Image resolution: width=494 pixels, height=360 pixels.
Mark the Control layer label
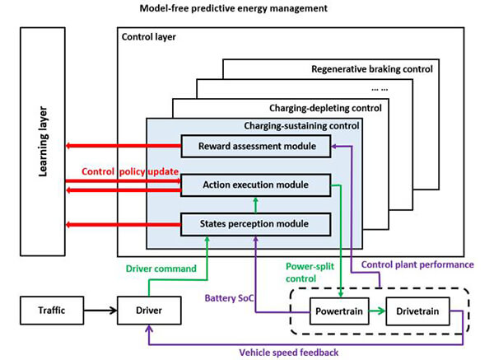coord(148,37)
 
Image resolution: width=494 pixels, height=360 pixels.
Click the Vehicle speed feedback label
coord(290,351)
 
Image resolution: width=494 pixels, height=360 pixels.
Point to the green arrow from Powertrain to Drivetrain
coord(375,313)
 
